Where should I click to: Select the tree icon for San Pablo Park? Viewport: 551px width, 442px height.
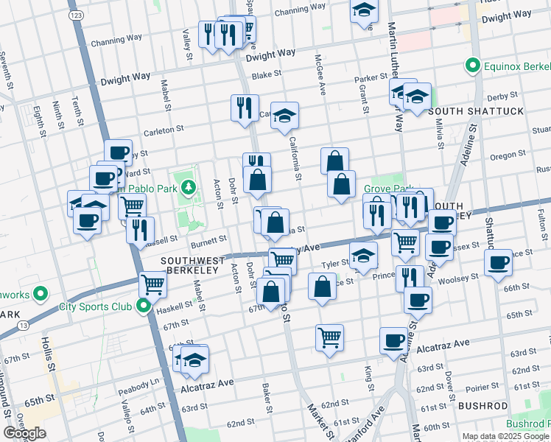pos(189,187)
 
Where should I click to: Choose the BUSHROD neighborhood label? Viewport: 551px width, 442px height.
pos(482,406)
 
